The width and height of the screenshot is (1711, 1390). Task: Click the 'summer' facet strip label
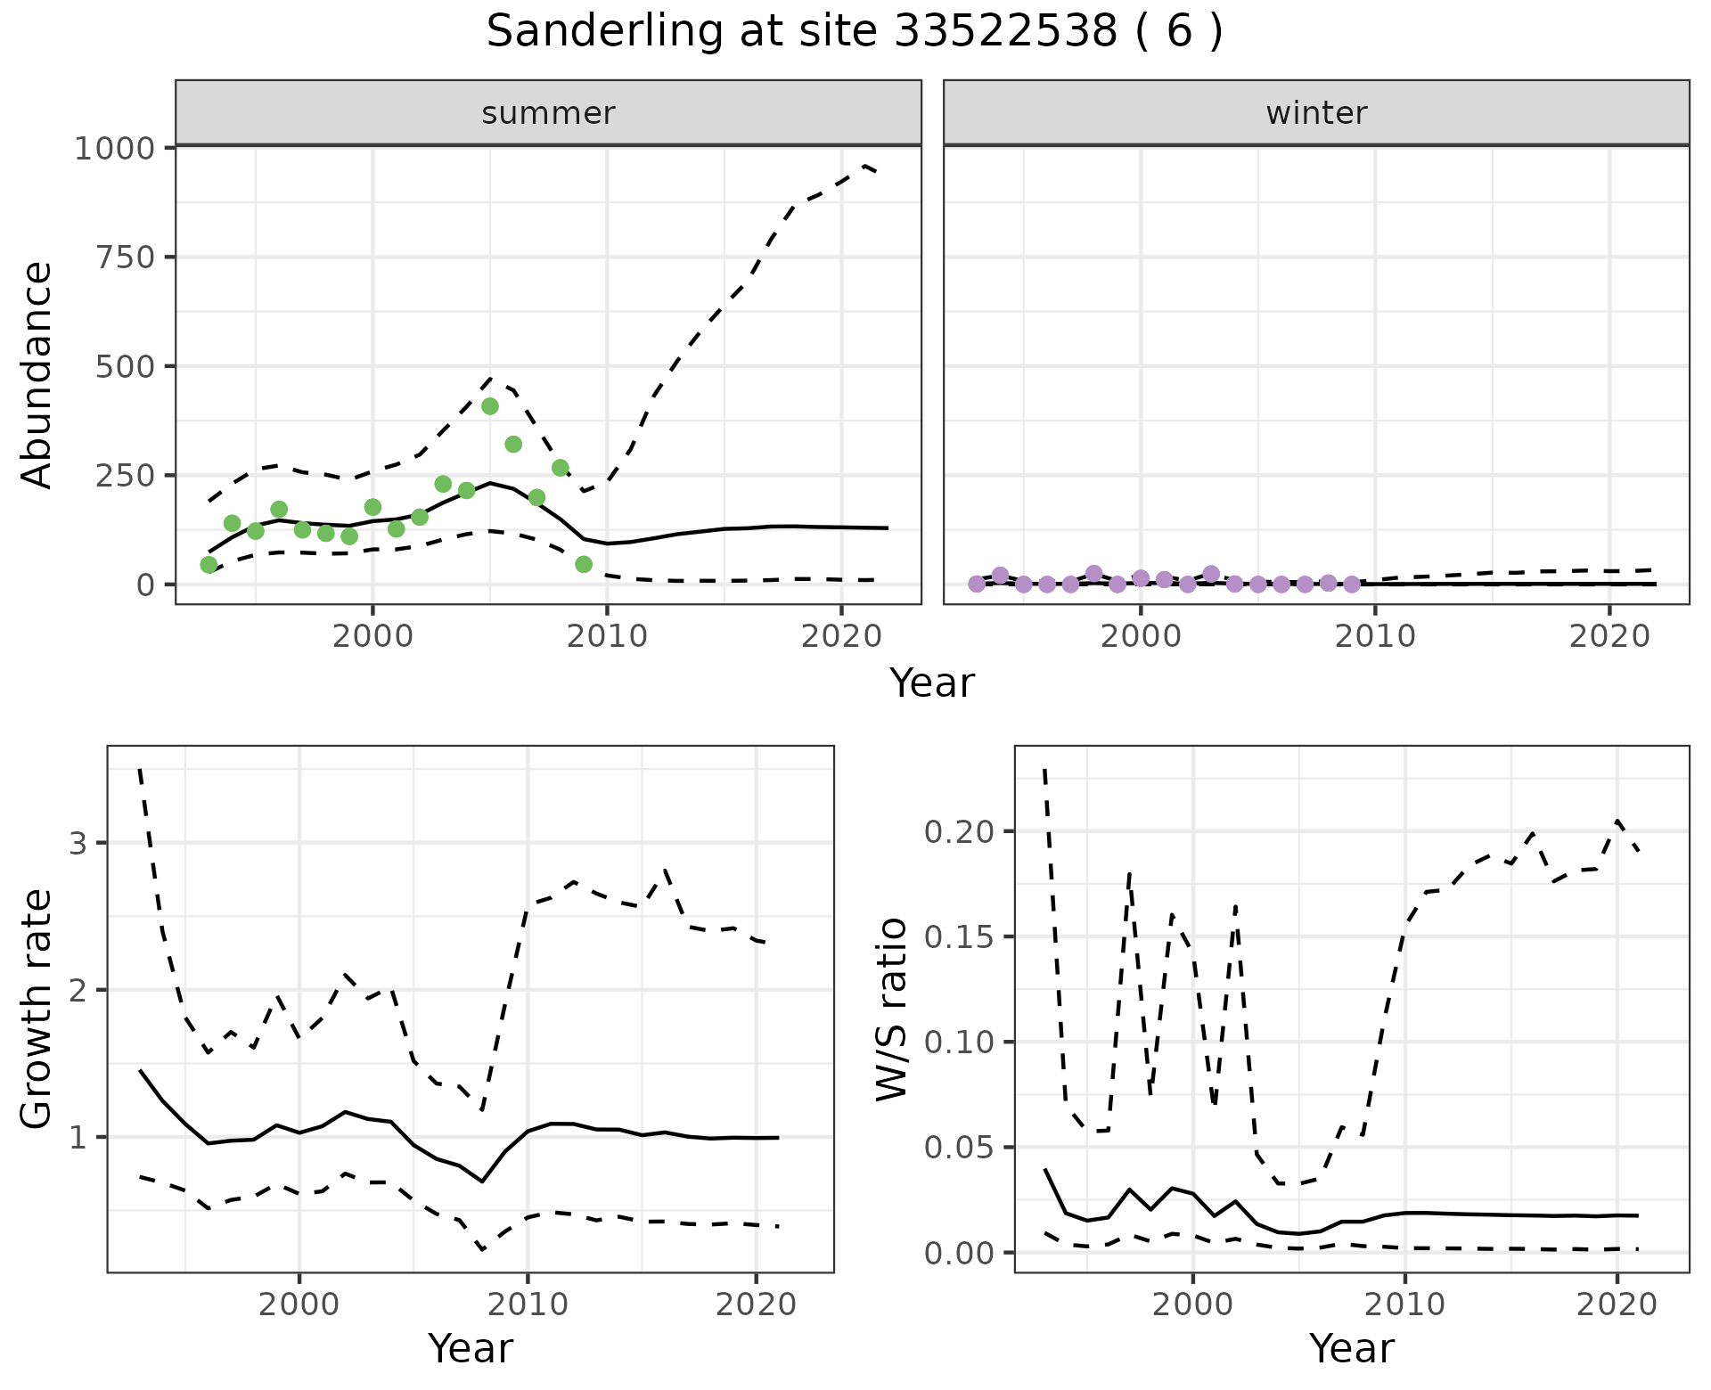pyautogui.click(x=548, y=113)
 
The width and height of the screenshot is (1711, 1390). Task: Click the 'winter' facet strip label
pyautogui.click(x=1316, y=113)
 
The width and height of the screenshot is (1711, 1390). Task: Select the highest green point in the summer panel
pyautogui.click(x=490, y=406)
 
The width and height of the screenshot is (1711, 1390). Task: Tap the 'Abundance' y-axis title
pyautogui.click(x=37, y=375)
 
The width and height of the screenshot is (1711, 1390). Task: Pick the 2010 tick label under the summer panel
pyautogui.click(x=607, y=636)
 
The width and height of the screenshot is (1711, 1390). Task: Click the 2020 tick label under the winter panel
pyautogui.click(x=1609, y=636)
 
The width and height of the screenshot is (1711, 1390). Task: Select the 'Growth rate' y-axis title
pyautogui.click(x=37, y=1010)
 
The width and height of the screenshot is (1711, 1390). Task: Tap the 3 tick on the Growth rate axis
pyautogui.click(x=78, y=843)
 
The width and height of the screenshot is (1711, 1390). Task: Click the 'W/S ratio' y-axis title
pyautogui.click(x=891, y=1010)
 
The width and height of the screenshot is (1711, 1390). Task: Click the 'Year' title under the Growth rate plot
pyautogui.click(x=471, y=1349)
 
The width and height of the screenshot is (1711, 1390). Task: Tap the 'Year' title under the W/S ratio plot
pyautogui.click(x=1351, y=1349)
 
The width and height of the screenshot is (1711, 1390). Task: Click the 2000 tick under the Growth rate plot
pyautogui.click(x=299, y=1304)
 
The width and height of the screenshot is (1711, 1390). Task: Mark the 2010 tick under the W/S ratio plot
pyautogui.click(x=1405, y=1304)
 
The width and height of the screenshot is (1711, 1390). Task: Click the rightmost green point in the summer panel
pyautogui.click(x=584, y=564)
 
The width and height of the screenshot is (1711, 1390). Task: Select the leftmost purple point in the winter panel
pyautogui.click(x=977, y=584)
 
